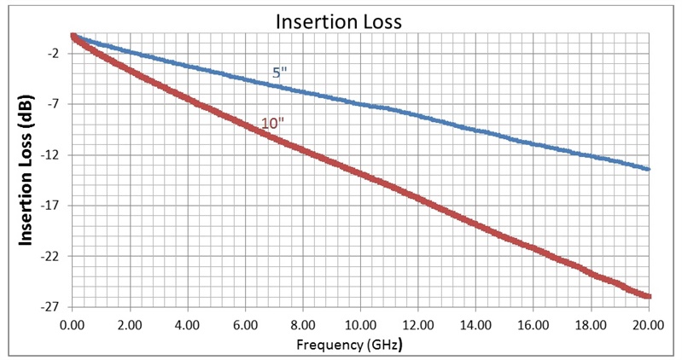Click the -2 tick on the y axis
[x=53, y=54]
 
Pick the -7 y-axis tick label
[x=53, y=104]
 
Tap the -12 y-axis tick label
[x=50, y=155]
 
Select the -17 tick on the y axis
[x=50, y=206]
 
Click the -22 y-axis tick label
[x=50, y=256]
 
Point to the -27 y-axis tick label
[x=50, y=307]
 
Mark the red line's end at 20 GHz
[x=650, y=296]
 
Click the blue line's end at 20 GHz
[x=650, y=169]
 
